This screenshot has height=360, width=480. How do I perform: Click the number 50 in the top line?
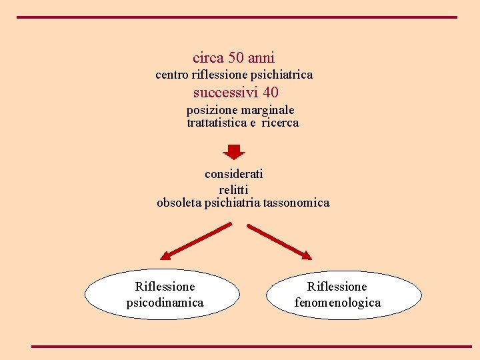pyautogui.click(x=237, y=58)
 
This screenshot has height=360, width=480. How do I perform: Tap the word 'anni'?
pyautogui.click(x=262, y=58)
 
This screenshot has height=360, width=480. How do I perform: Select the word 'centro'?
pyautogui.click(x=172, y=75)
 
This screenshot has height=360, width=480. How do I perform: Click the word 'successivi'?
pyautogui.click(x=226, y=93)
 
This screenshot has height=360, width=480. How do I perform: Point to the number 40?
pyautogui.click(x=271, y=93)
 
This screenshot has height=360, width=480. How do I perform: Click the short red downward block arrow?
pyautogui.click(x=233, y=152)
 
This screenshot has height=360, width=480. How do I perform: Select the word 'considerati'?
pyautogui.click(x=234, y=174)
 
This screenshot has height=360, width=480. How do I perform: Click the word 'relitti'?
pyautogui.click(x=233, y=190)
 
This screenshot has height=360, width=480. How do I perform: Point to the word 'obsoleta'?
pyautogui.click(x=179, y=203)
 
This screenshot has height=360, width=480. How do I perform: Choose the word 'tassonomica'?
pyautogui.click(x=296, y=203)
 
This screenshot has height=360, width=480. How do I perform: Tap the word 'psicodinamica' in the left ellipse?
pyautogui.click(x=165, y=303)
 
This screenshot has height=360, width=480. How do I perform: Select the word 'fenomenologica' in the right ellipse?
pyautogui.click(x=337, y=303)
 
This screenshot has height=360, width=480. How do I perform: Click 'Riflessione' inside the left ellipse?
pyautogui.click(x=165, y=287)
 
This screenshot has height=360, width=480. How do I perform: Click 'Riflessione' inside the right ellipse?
pyautogui.click(x=337, y=287)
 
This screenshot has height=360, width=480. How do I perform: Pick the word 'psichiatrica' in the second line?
pyautogui.click(x=279, y=75)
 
